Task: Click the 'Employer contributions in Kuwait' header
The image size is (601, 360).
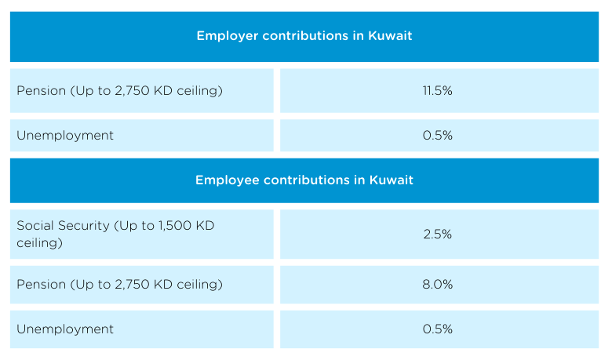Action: point(304,36)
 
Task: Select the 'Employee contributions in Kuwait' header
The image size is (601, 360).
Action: point(304,180)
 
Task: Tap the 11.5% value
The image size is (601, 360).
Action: point(437,91)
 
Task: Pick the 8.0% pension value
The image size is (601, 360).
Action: point(437,285)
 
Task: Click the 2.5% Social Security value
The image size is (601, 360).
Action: point(437,235)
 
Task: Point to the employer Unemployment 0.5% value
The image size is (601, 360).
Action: point(437,136)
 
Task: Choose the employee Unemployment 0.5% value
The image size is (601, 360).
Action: point(437,329)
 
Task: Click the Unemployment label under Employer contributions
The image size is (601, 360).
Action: point(65,136)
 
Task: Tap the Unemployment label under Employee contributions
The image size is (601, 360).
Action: point(65,329)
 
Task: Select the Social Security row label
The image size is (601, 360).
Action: point(115,235)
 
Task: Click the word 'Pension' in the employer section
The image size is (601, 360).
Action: point(40,91)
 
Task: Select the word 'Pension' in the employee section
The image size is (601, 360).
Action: point(40,285)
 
